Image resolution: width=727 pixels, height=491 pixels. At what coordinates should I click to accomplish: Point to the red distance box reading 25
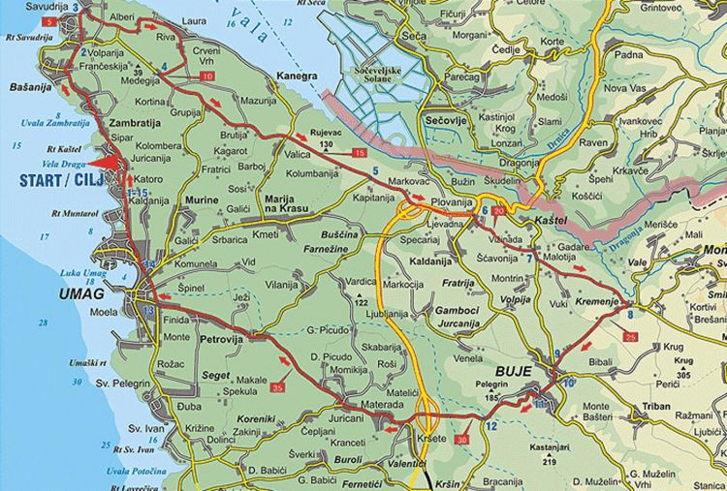(631, 337)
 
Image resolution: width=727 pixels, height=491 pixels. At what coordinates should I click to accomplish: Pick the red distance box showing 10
(207, 76)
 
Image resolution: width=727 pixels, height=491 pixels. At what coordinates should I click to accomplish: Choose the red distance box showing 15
(360, 154)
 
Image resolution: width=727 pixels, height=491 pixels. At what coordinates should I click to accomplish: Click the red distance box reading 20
(499, 211)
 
